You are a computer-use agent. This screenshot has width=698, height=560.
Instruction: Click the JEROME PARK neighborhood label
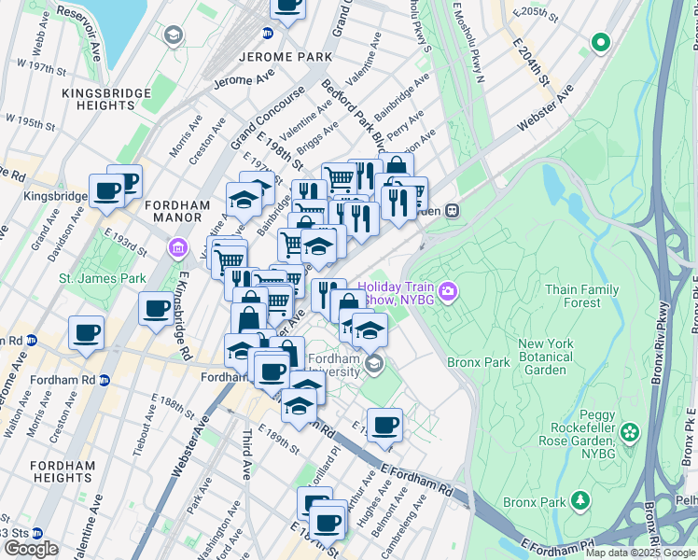pos(286,57)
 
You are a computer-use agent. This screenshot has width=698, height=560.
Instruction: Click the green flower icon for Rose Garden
pos(632,432)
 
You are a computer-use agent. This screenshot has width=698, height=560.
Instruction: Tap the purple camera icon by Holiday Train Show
pos(448,293)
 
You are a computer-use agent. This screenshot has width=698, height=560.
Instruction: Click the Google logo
pos(31,549)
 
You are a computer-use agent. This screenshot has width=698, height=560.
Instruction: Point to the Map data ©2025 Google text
pos(640,553)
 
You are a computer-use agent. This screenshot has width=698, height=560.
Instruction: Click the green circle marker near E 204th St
pos(601,42)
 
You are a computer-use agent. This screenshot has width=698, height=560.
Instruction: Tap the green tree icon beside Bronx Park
pos(580,501)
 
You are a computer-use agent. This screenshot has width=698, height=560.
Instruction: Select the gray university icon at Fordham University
pos(374,364)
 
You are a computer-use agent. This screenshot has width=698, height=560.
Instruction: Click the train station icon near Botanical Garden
pos(453,211)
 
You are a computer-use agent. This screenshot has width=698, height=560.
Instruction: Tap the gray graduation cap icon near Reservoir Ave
pos(173,35)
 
